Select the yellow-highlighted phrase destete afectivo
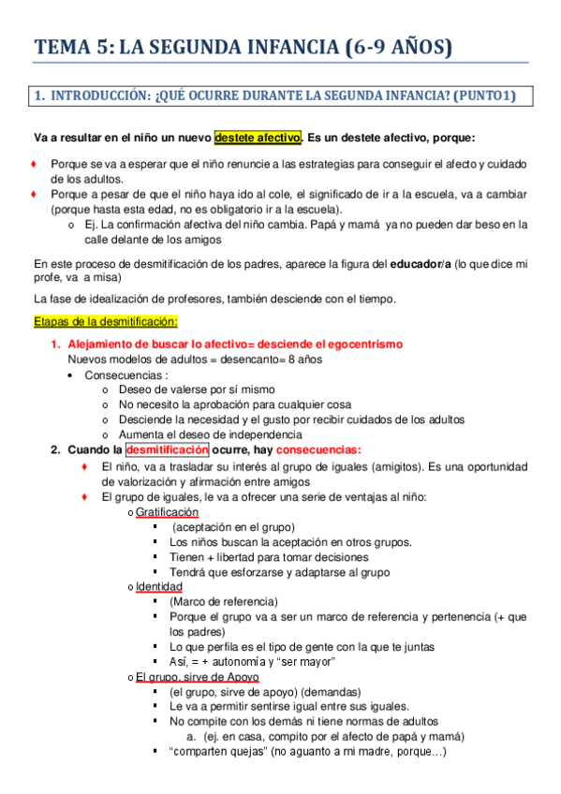[258, 138]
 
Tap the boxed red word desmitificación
[168, 449]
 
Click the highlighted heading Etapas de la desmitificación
[105, 322]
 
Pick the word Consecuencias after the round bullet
[119, 375]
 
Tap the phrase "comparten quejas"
[224, 752]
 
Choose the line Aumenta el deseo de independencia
[210, 434]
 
